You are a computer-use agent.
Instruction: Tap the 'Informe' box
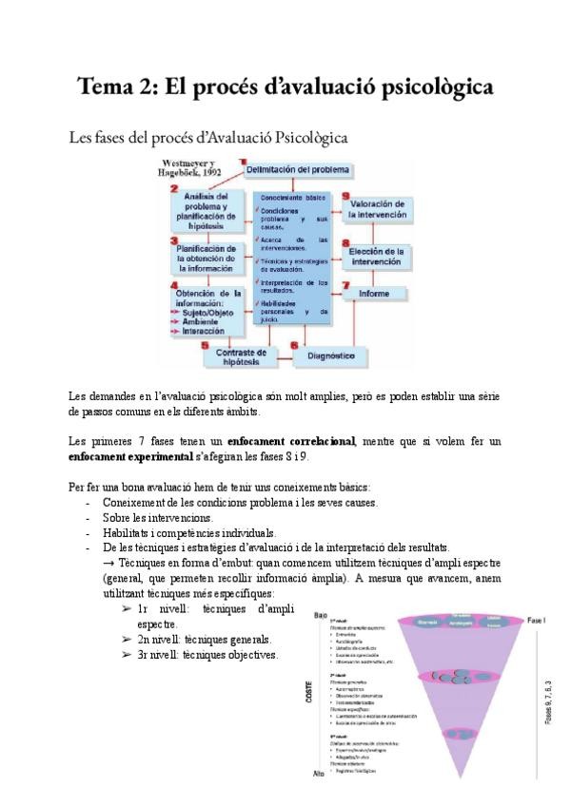tap(373, 294)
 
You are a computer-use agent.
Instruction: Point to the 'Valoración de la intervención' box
tap(379, 209)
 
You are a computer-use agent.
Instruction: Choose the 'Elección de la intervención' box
tap(379, 257)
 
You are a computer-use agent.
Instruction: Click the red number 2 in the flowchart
tap(174, 190)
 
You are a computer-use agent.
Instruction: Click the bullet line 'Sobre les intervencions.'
tap(158, 518)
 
